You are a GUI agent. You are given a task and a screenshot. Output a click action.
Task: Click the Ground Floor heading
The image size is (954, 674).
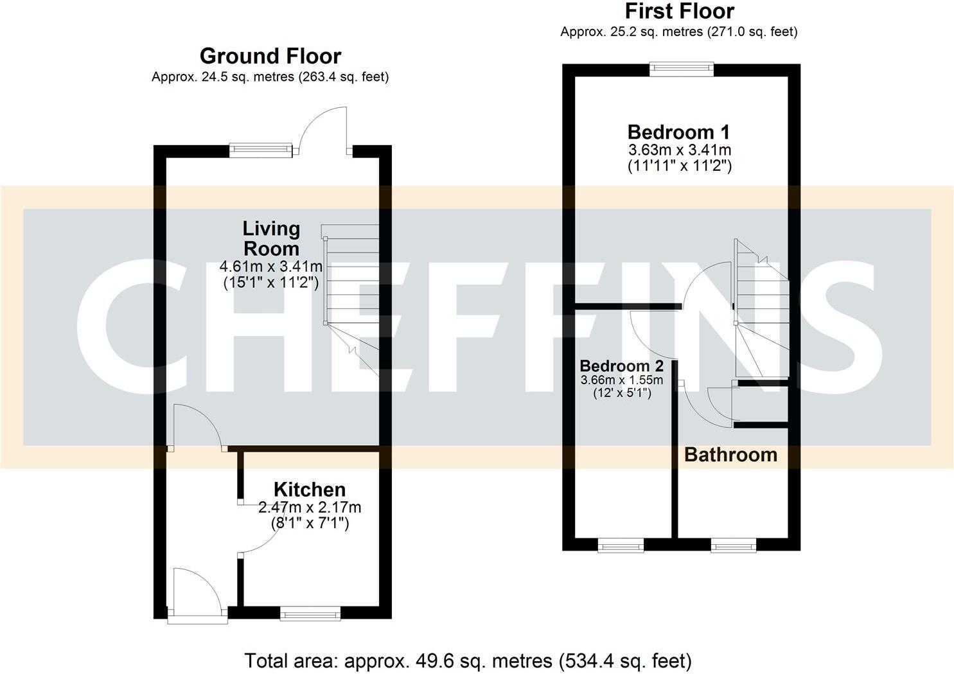click(x=270, y=56)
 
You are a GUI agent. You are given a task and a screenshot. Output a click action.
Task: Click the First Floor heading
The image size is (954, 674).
click(x=679, y=11)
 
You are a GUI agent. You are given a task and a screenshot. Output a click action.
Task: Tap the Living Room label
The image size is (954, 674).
click(x=270, y=238)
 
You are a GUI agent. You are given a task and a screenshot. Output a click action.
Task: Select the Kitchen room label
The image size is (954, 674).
click(x=309, y=489)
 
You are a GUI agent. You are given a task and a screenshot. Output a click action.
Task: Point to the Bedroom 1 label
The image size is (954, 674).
click(x=678, y=132)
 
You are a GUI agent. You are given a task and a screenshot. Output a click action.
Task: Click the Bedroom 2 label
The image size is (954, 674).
click(x=621, y=366)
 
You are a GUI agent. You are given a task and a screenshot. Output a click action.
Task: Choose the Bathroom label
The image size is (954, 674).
click(x=730, y=454)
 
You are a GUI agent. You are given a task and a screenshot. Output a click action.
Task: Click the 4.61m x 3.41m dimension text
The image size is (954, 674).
click(x=270, y=266)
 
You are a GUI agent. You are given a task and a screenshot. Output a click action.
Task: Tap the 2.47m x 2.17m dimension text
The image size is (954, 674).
click(x=309, y=508)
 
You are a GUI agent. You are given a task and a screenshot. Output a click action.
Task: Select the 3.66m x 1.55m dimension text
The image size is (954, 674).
click(x=621, y=380)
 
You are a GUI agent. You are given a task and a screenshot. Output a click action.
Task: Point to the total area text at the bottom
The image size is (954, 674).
click(x=468, y=661)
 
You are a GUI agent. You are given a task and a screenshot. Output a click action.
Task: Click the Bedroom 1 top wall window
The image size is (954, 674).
click(x=681, y=68)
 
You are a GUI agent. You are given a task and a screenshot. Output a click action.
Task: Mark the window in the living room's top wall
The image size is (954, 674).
click(x=261, y=150)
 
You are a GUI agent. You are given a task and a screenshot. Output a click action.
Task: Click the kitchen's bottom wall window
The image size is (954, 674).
click(x=310, y=615)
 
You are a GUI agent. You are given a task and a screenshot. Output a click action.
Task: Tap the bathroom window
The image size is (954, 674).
click(x=733, y=546)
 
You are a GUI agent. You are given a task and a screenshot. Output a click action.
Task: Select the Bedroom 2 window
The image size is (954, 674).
click(x=620, y=546)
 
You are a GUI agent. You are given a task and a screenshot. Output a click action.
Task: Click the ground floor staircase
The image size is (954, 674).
click(x=352, y=289)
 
